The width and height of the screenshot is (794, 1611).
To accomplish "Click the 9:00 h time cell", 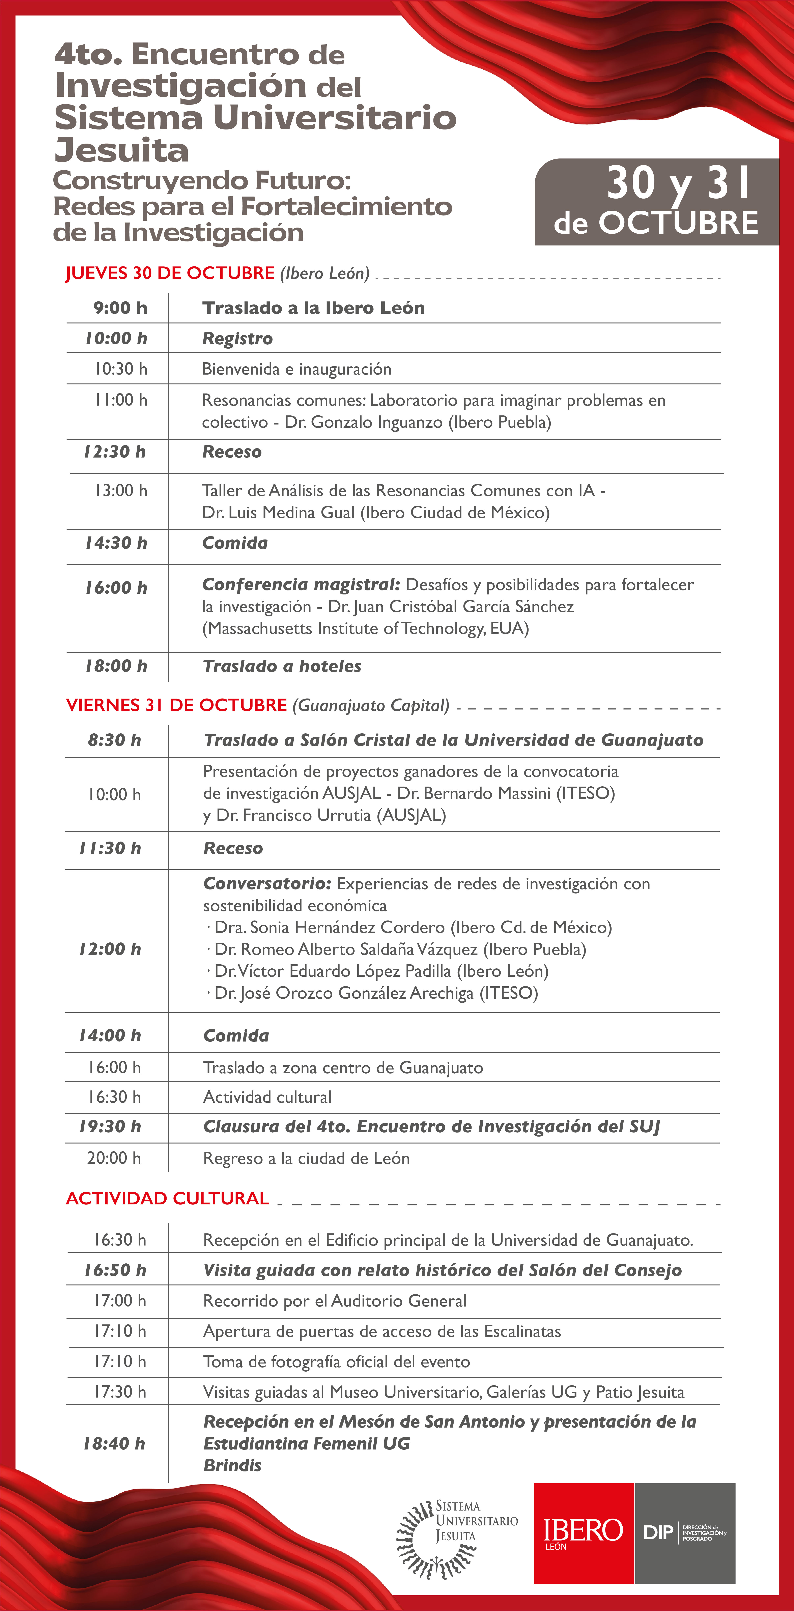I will tap(120, 308).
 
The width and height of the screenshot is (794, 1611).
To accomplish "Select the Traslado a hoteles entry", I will tap(282, 666).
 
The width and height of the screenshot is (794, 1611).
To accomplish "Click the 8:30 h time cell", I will tap(114, 740).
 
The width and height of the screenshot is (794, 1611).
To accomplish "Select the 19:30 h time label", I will tap(110, 1126).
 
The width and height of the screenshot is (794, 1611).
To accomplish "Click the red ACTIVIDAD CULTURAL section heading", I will tap(167, 1198).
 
